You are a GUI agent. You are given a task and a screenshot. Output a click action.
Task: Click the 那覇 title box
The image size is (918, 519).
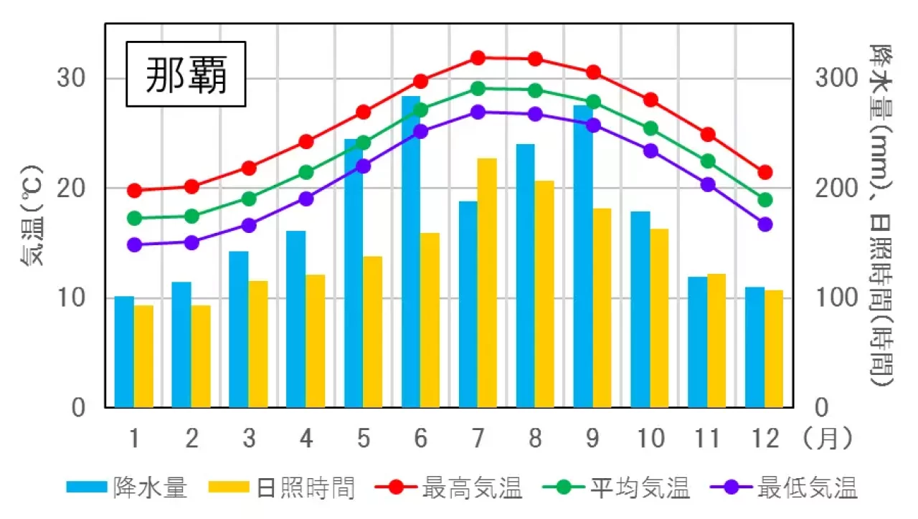pyautogui.click(x=186, y=75)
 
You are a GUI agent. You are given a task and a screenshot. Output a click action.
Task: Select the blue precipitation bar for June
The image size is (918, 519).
pyautogui.click(x=411, y=251)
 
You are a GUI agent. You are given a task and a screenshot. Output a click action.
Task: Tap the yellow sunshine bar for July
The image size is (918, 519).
pyautogui.click(x=487, y=282)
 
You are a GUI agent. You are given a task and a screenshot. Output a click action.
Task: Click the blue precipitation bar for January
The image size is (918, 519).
pyautogui.click(x=124, y=351)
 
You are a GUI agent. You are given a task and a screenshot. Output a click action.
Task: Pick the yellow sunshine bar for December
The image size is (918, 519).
pyautogui.click(x=774, y=348)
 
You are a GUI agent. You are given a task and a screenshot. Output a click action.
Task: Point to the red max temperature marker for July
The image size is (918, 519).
pyautogui.click(x=478, y=57)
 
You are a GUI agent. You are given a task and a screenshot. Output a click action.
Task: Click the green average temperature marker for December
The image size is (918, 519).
pyautogui.click(x=765, y=200)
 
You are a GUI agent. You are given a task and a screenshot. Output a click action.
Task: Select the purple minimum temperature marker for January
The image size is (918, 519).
pyautogui.click(x=134, y=244)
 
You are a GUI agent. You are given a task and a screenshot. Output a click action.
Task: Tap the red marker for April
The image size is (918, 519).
pyautogui.click(x=306, y=142)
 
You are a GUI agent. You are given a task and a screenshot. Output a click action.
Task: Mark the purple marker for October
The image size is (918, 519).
pyautogui.click(x=650, y=151)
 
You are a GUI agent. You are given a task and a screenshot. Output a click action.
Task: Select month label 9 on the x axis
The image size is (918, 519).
pyautogui.click(x=593, y=438)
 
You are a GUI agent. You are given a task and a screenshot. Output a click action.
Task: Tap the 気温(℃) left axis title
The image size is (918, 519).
pyautogui.click(x=33, y=215)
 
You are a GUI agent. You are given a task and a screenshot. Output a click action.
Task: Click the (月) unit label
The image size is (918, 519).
pyautogui.click(x=829, y=438)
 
